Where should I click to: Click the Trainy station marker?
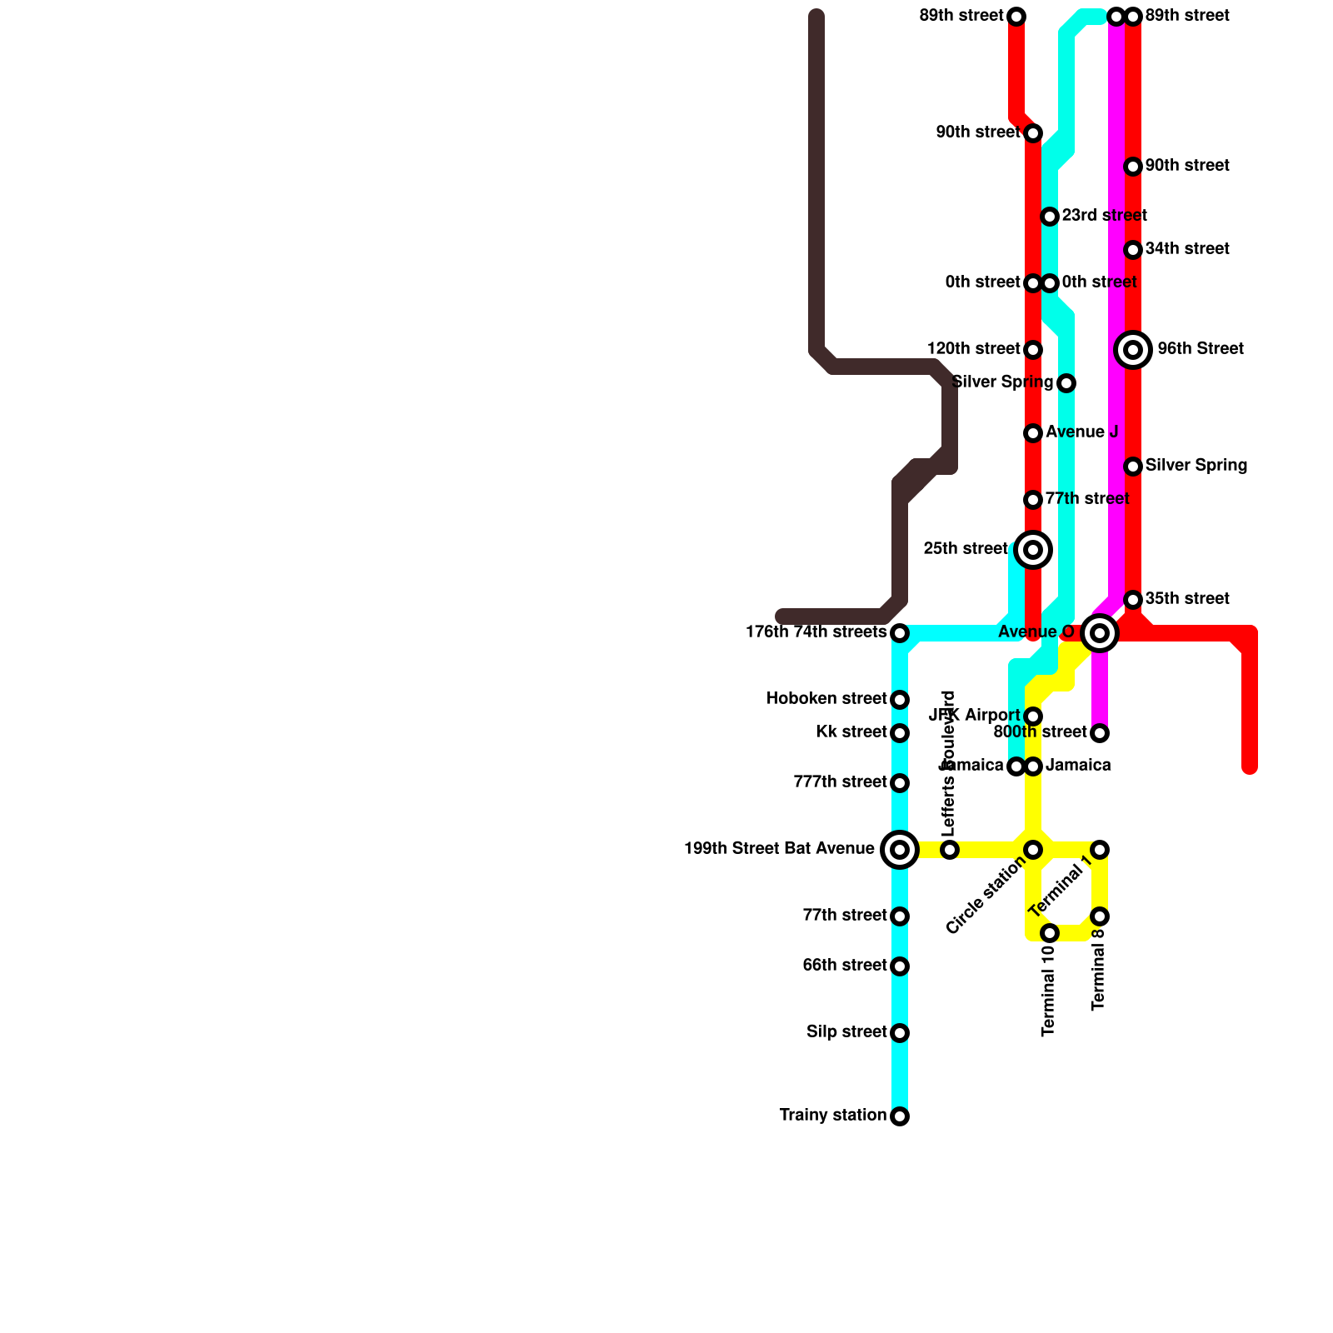coord(900,1116)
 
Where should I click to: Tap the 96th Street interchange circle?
coord(1133,350)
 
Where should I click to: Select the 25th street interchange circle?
coord(1033,550)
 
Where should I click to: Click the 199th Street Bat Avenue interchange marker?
coord(900,850)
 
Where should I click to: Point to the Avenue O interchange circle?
coord(1100,633)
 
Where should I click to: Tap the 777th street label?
coord(840,782)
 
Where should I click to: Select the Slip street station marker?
coord(900,1033)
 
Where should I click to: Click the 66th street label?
coord(844,966)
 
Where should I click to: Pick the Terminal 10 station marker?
coord(1050,933)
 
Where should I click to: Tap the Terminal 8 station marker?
coord(1100,916)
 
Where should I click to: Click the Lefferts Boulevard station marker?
coord(950,850)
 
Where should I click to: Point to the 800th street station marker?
coord(1100,733)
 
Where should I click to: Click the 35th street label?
coord(1187,599)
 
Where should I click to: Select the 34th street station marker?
coord(1133,250)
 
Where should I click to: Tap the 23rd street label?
coord(1104,216)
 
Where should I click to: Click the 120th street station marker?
coord(1033,350)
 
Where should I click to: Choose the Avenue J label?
coord(1081,432)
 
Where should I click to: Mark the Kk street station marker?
coord(900,733)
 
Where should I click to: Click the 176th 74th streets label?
coord(816,632)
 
